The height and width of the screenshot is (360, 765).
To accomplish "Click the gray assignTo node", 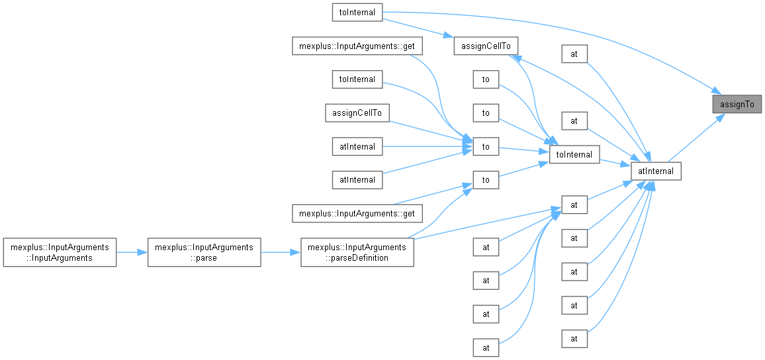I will pyautogui.click(x=737, y=104).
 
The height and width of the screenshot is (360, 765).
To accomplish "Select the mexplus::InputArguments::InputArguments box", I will pyautogui.click(x=60, y=252).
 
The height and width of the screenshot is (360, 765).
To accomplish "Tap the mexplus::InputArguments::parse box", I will pyautogui.click(x=204, y=252).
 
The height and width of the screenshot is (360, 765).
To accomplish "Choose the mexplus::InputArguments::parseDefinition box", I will pyautogui.click(x=357, y=252).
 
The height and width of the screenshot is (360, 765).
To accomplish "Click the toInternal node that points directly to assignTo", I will pyautogui.click(x=357, y=11).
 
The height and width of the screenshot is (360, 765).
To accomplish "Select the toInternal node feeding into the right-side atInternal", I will pyautogui.click(x=574, y=154).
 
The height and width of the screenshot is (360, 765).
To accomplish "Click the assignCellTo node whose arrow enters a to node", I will pyautogui.click(x=357, y=112).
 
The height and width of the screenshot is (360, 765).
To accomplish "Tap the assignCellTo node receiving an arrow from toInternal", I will pyautogui.click(x=486, y=46).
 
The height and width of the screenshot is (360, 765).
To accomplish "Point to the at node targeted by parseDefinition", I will pyautogui.click(x=574, y=204).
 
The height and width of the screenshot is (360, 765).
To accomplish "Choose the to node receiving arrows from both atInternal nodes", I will pyautogui.click(x=486, y=146).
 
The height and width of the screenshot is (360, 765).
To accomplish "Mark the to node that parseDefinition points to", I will pyautogui.click(x=486, y=179).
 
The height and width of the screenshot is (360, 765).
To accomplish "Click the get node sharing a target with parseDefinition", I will pyautogui.click(x=357, y=213).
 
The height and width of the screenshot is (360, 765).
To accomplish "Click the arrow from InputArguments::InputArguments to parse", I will pyautogui.click(x=132, y=252).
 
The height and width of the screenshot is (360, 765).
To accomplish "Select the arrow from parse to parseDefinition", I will pyautogui.click(x=281, y=252).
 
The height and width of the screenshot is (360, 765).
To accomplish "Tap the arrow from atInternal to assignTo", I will pyautogui.click(x=695, y=138).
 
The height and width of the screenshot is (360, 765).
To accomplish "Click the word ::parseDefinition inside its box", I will pyautogui.click(x=357, y=258).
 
